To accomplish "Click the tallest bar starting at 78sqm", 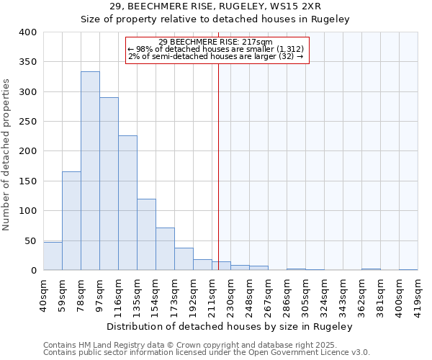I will click(x=90, y=171).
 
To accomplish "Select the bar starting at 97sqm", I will click(x=109, y=184).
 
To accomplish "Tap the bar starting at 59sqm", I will click(x=71, y=221).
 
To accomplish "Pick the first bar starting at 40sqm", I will click(x=53, y=256).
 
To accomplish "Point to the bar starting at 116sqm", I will click(x=127, y=203).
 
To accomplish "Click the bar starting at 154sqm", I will click(x=165, y=249).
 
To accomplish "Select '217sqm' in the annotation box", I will click(x=258, y=42).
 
